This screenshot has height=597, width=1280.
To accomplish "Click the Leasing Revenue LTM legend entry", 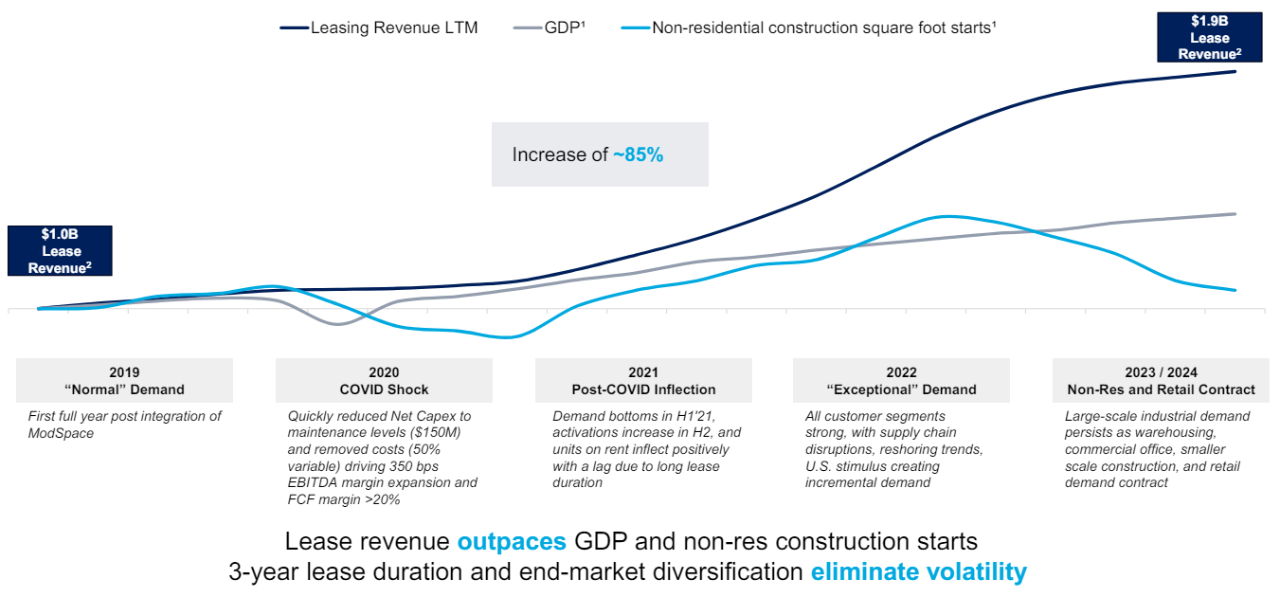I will [393, 27].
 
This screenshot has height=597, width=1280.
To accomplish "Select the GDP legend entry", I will [564, 27].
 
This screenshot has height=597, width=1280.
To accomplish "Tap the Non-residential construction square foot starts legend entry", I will [822, 27].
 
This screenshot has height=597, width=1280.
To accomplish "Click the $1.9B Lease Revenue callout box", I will [1210, 38].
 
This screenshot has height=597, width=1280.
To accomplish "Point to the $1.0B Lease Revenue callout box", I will [61, 251].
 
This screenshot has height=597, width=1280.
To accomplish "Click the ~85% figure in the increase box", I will [638, 154].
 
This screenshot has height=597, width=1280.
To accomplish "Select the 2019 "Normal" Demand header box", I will [124, 381].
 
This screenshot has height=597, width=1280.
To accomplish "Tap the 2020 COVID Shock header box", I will [384, 381].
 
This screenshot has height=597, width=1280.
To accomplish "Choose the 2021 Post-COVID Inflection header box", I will [643, 381].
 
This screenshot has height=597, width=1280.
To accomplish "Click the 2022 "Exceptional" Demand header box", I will [901, 381].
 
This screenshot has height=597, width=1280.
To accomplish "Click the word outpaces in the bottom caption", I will [512, 542].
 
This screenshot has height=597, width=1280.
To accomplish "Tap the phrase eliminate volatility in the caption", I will [918, 572].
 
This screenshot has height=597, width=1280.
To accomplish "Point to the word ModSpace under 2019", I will [63, 433].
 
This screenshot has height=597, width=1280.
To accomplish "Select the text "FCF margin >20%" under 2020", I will [344, 499].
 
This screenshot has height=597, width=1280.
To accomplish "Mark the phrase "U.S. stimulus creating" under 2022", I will [872, 466].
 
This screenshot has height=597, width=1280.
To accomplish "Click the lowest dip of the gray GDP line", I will [339, 324].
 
